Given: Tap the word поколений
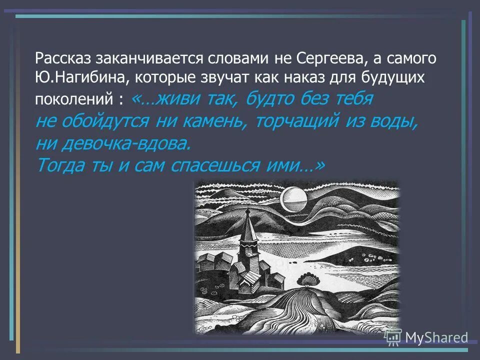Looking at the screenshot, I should tap(75, 99).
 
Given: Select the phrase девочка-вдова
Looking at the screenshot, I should tap(126, 143).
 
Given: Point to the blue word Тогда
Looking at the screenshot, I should tap(59, 165).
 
